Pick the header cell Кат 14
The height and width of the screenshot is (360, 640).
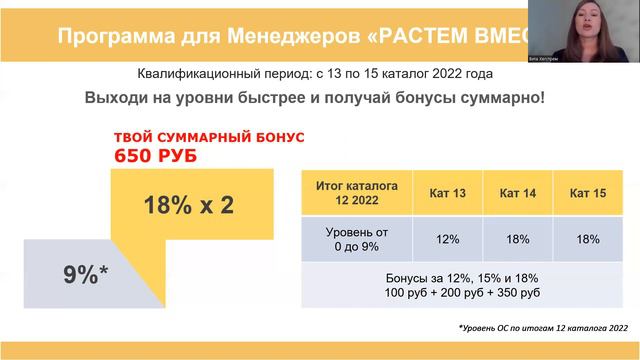[x=517, y=191]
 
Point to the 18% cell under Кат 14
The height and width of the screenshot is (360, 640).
[x=517, y=240]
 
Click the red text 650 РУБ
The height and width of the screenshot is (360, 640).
[x=156, y=156]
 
